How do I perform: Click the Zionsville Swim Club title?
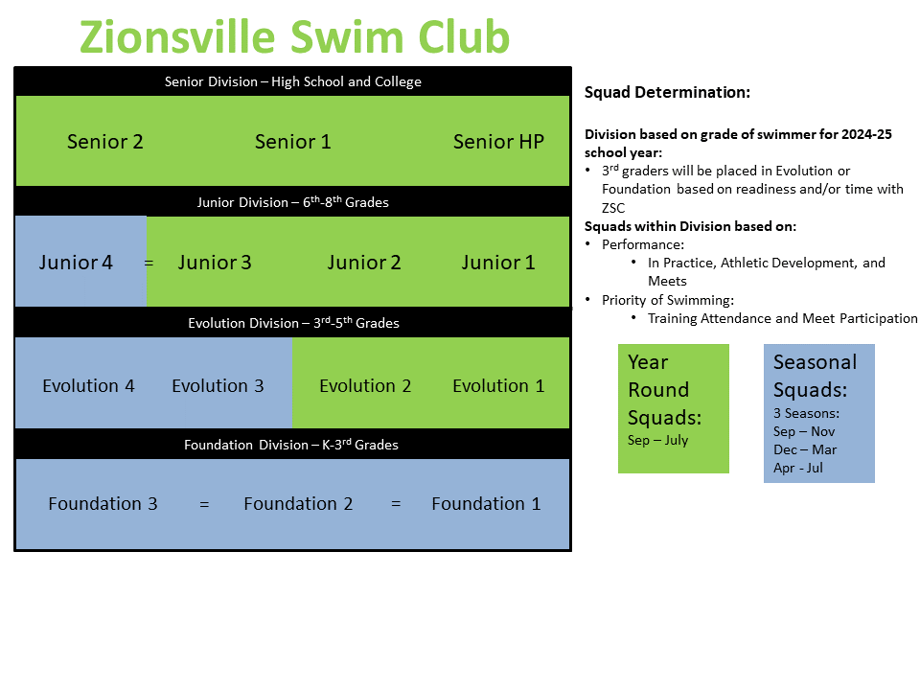pyautogui.click(x=294, y=36)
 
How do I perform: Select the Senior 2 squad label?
pyautogui.click(x=105, y=142)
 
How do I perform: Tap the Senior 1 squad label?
pyautogui.click(x=292, y=142)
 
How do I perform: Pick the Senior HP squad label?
pyautogui.click(x=498, y=142)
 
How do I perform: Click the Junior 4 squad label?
pyautogui.click(x=76, y=263)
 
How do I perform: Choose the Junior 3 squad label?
pyautogui.click(x=215, y=263)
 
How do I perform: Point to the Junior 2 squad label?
pyautogui.click(x=364, y=263)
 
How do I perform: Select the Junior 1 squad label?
pyautogui.click(x=498, y=263)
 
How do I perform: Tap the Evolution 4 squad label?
pyautogui.click(x=88, y=386)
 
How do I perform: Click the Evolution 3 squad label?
pyautogui.click(x=218, y=386)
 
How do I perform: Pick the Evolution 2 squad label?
pyautogui.click(x=365, y=386)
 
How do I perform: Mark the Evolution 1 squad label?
pyautogui.click(x=498, y=386)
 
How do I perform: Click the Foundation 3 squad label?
pyautogui.click(x=103, y=504)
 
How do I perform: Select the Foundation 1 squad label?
pyautogui.click(x=486, y=504)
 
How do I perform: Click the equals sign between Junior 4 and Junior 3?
pyautogui.click(x=149, y=263)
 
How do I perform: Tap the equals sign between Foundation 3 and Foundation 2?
pyautogui.click(x=204, y=504)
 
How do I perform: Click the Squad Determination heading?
pyautogui.click(x=667, y=93)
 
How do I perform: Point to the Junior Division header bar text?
pyautogui.click(x=292, y=202)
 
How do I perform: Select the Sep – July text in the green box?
pyautogui.click(x=657, y=441)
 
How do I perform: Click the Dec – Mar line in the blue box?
pyautogui.click(x=805, y=449)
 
